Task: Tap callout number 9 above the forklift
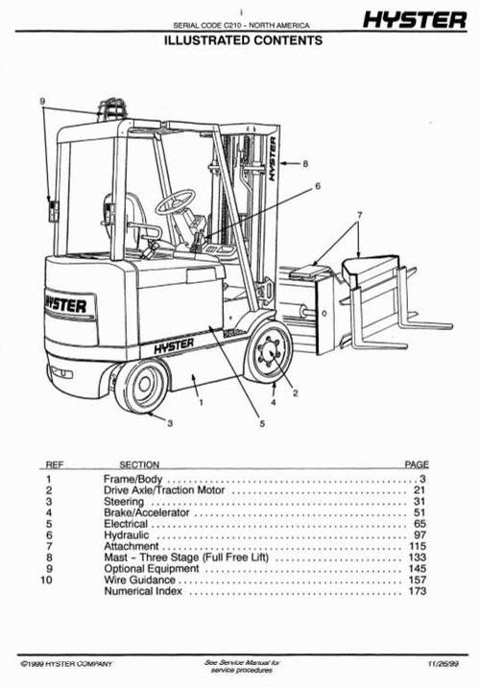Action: point(42,101)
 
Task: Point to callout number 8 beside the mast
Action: point(305,164)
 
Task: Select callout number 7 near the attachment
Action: point(359,213)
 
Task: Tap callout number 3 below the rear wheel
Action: point(169,422)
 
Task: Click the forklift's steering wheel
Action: point(175,202)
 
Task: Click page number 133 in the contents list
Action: point(417,557)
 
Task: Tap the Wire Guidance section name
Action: point(138,580)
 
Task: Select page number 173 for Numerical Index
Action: point(417,591)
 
